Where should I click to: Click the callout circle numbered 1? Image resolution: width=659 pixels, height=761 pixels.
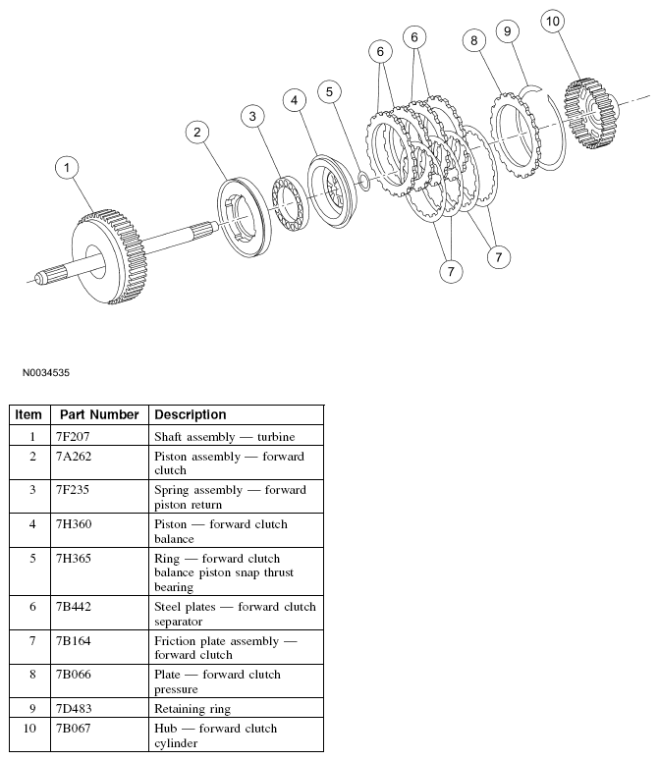67,168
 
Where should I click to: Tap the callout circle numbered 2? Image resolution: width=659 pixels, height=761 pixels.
197,132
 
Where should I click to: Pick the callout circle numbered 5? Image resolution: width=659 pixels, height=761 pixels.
330,91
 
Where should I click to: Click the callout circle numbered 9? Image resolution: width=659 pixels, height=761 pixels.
507,31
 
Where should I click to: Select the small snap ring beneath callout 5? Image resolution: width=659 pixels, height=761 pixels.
363,181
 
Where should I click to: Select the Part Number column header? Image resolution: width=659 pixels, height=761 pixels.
99,414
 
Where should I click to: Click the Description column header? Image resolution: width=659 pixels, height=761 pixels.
191,414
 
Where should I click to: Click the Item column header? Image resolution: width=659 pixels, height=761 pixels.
29,414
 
